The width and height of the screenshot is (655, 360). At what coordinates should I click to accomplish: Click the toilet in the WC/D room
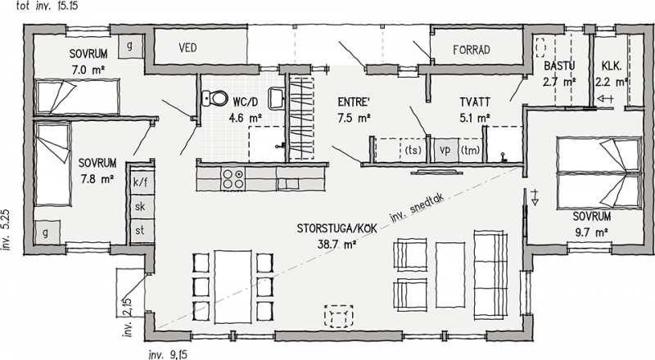[215, 98]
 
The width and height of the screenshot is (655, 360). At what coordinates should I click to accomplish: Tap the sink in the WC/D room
[276, 99]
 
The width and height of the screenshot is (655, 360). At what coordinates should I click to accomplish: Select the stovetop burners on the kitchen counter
[233, 178]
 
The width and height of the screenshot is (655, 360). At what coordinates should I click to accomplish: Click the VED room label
[187, 47]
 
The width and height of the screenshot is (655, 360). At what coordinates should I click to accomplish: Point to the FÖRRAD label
[472, 50]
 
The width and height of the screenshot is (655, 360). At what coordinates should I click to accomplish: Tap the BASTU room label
[559, 65]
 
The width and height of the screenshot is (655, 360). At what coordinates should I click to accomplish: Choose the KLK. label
[612, 65]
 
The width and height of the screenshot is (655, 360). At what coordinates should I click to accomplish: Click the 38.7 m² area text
[337, 245]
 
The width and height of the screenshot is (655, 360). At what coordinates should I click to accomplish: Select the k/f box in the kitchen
[140, 182]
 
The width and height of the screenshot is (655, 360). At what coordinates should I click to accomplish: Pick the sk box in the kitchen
[140, 206]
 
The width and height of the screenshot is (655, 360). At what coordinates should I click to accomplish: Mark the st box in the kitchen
[140, 230]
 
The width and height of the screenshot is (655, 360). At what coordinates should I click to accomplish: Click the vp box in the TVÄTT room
[445, 150]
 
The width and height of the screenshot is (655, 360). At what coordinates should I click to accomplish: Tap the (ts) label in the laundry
[413, 150]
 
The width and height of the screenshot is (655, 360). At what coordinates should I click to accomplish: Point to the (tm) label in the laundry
[470, 150]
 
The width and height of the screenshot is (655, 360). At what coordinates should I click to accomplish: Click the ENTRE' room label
[353, 102]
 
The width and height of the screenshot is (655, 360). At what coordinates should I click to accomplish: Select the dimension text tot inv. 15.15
[47, 6]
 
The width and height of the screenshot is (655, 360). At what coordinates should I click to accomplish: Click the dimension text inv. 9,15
[168, 354]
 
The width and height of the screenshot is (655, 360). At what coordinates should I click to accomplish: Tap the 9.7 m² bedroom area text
[591, 232]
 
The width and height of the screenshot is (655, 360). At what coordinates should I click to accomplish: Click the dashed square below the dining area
[339, 316]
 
